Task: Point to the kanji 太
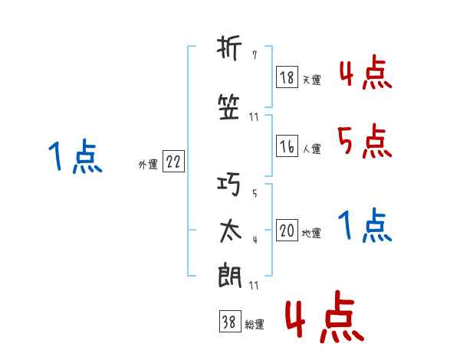pos(229,231)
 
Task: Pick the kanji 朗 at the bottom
pos(229,275)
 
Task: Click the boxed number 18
pos(287,77)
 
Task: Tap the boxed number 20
pos(287,231)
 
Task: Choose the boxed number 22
pos(173,162)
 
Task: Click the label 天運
pos(311,79)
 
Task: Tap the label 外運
pos(147,164)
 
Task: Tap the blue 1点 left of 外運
pos(75,156)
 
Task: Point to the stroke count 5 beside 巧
pos(254,192)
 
